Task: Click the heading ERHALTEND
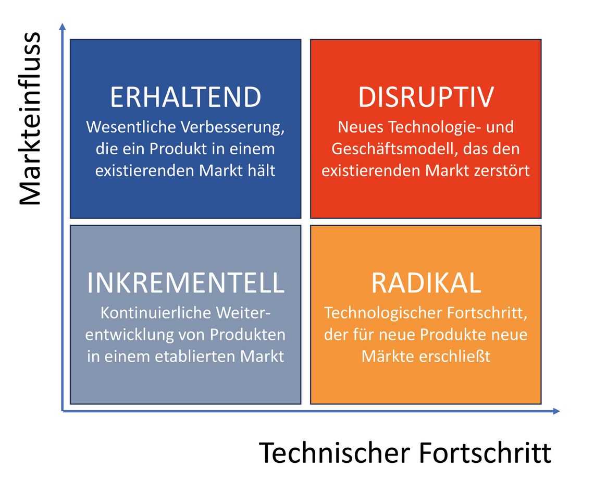tap(185, 97)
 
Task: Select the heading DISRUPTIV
tap(426, 97)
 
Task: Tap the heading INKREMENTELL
tap(185, 283)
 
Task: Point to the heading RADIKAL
tap(426, 283)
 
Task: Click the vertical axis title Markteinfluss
tap(30, 119)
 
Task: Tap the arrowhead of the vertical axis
tap(63, 26)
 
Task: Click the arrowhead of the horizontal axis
tap(556, 411)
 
